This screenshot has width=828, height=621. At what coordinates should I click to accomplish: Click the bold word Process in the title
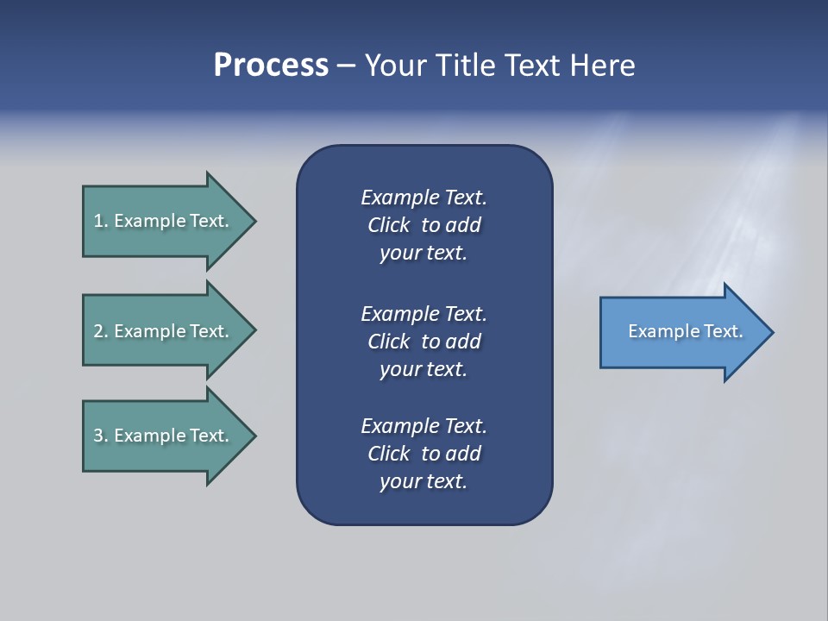pos(272,66)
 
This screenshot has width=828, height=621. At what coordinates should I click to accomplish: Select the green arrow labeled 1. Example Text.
pos(170,222)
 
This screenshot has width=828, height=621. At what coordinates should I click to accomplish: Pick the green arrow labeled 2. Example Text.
pos(170,330)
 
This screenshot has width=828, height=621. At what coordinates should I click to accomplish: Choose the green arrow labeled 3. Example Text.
pos(170,436)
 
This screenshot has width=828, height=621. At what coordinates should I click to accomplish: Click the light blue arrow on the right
pos(687,332)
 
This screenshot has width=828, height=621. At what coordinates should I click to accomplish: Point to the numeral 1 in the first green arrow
pos(97,221)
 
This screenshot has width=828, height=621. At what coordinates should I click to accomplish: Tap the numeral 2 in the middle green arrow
pos(98,331)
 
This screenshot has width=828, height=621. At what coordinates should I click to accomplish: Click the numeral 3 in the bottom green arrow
pos(98,436)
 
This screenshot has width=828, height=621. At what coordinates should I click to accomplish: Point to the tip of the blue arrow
pos(775,332)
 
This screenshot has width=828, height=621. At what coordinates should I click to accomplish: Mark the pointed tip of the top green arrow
pos(257,222)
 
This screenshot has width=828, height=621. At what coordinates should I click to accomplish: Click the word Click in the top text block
pos(389,225)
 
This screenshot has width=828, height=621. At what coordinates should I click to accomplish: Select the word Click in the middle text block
pos(389,342)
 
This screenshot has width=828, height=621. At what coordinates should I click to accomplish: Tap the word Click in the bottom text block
pos(389,454)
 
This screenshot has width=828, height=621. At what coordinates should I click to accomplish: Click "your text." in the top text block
pos(423,254)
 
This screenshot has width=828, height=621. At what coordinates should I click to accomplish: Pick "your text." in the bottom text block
pos(423,482)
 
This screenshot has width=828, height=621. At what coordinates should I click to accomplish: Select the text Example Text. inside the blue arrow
pos(686,331)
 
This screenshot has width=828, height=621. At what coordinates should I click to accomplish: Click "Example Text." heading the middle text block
pos(423,314)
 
